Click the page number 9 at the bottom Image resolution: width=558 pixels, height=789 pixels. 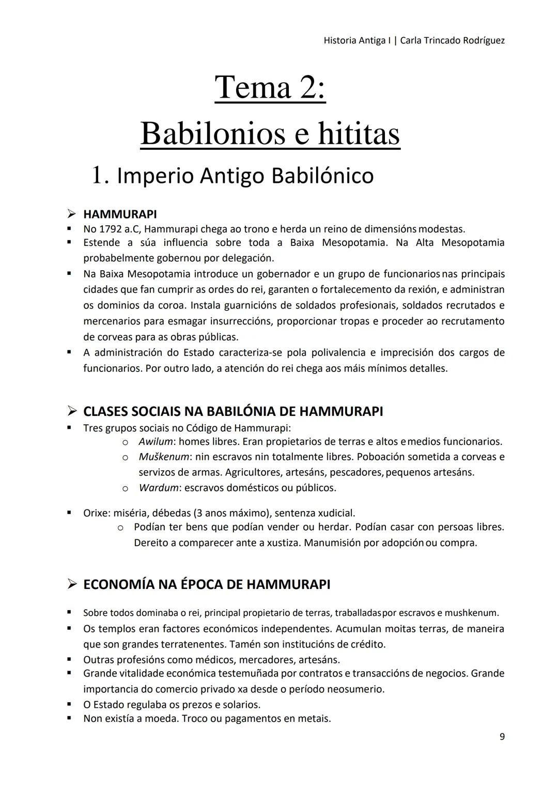pyautogui.click(x=502, y=737)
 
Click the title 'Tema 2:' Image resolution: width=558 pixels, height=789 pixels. pyautogui.click(x=270, y=87)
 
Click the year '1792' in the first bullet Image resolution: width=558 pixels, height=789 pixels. pyautogui.click(x=111, y=229)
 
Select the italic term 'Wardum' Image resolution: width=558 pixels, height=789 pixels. pyautogui.click(x=158, y=488)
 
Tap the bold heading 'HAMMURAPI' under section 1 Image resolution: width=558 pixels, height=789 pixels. pyautogui.click(x=120, y=214)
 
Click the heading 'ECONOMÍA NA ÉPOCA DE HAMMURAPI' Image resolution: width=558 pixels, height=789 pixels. pyautogui.click(x=207, y=584)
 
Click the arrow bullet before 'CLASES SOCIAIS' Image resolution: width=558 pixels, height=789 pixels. pyautogui.click(x=72, y=412)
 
